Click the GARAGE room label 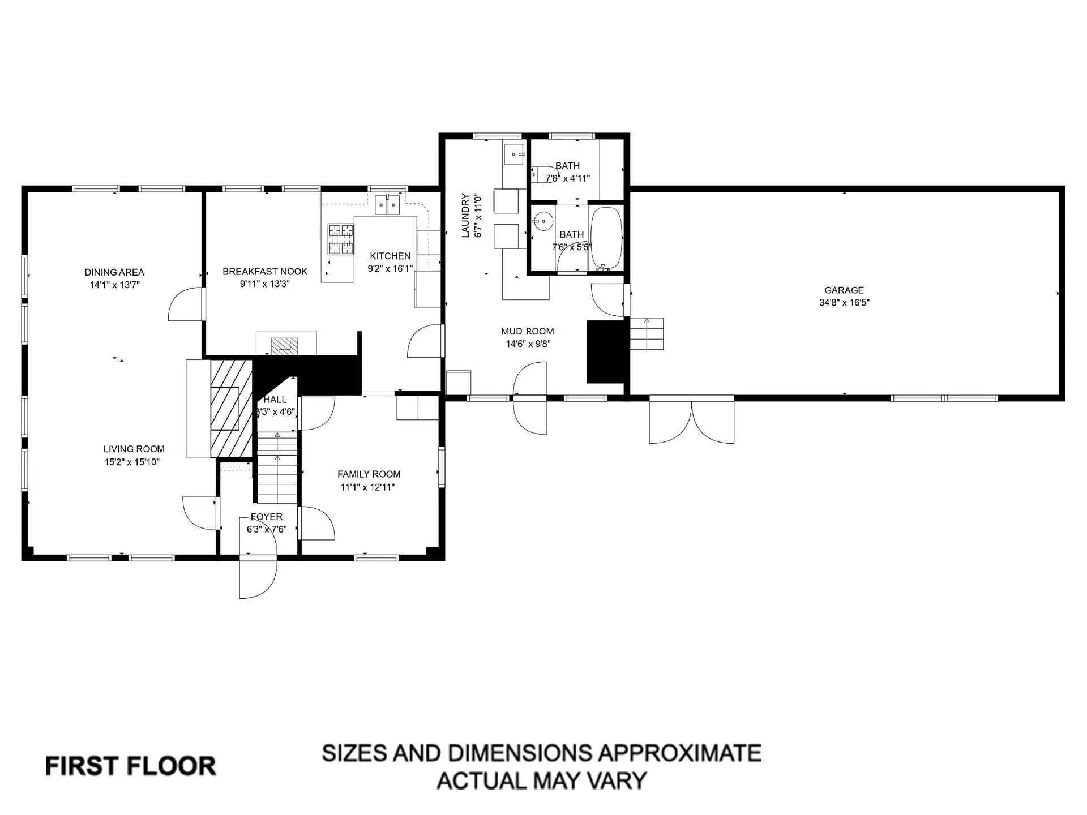click(x=844, y=290)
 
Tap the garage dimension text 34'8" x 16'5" click(x=844, y=303)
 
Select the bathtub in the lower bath click(x=606, y=239)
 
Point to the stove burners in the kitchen click(x=341, y=238)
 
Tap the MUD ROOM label click(x=527, y=332)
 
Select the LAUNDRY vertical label click(x=465, y=216)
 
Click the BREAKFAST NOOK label click(x=265, y=272)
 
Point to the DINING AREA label click(x=114, y=272)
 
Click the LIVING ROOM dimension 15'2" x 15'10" click(x=132, y=462)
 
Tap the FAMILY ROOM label click(x=369, y=474)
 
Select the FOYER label click(x=267, y=517)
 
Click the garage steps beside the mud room click(x=647, y=333)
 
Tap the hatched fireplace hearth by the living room click(x=231, y=409)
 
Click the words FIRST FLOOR click(x=130, y=766)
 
